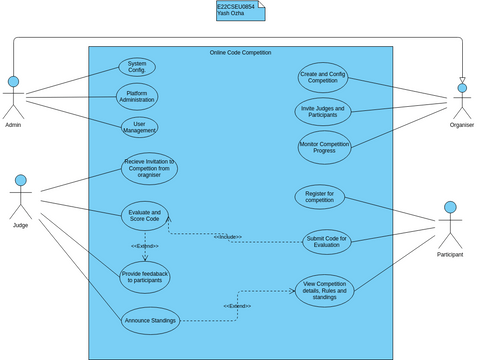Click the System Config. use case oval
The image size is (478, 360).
[137, 67]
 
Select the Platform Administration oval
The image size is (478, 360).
[137, 97]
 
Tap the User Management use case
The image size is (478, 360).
[139, 127]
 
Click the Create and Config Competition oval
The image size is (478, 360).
[323, 77]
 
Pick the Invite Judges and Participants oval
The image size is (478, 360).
[323, 111]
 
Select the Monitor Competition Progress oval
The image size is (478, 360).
[323, 147]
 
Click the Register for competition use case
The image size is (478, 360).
[320, 196]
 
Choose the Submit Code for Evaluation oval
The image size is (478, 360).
[327, 240]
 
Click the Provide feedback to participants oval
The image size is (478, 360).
[145, 277]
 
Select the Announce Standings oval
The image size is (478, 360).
[150, 320]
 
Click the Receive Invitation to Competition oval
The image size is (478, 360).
[150, 168]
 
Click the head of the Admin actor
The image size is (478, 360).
[14, 81]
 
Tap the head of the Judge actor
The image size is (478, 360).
[21, 181]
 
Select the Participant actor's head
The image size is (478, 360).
[450, 208]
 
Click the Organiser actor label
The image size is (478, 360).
[461, 125]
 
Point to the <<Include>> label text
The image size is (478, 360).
[227, 237]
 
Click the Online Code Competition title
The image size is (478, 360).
[240, 52]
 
